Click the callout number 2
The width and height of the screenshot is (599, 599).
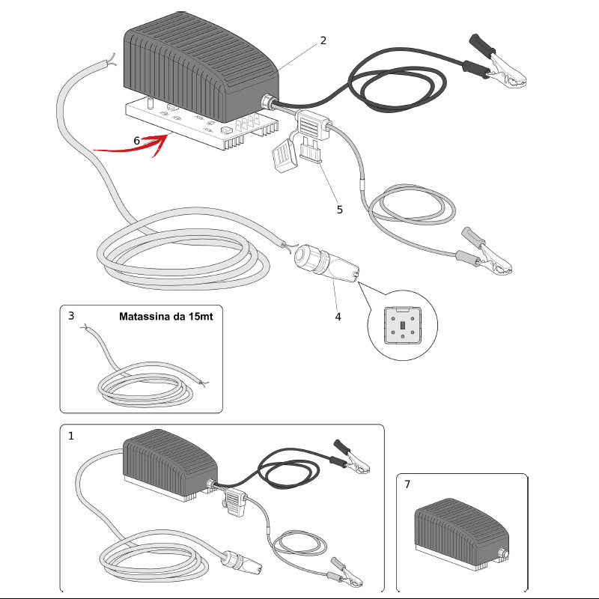(323, 40)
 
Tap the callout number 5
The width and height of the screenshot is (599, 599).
(340, 210)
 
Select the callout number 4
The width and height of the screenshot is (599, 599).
(338, 317)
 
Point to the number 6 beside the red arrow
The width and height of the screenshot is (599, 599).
(136, 141)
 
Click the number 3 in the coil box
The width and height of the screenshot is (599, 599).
(71, 316)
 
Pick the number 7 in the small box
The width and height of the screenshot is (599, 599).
(407, 484)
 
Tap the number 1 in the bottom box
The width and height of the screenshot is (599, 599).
(70, 436)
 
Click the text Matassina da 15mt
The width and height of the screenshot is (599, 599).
(165, 316)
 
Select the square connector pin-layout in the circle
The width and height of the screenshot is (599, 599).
(403, 325)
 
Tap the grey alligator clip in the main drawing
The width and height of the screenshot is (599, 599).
(485, 252)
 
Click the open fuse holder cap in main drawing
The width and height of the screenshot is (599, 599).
(285, 156)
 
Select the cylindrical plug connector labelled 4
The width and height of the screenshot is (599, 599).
(326, 264)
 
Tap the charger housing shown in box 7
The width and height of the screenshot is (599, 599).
(462, 534)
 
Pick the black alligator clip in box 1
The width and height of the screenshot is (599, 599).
(351, 457)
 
